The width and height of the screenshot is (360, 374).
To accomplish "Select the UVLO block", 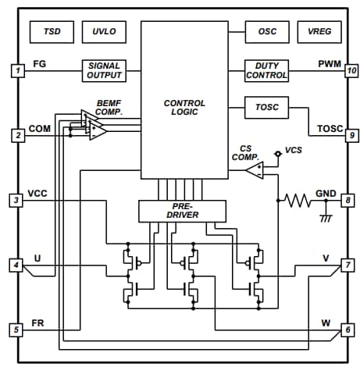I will pyautogui.click(x=103, y=32).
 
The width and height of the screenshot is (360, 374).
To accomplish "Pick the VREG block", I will pyautogui.click(x=318, y=32).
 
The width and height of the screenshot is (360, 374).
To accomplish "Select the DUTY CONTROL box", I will pyautogui.click(x=266, y=70).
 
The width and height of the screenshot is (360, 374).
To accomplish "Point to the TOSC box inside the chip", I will pyautogui.click(x=266, y=106).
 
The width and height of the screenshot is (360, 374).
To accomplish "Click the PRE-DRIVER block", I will pyautogui.click(x=181, y=210).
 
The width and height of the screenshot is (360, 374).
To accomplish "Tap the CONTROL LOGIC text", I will pyautogui.click(x=184, y=108).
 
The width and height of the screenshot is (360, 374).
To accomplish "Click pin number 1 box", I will pyautogui.click(x=17, y=71).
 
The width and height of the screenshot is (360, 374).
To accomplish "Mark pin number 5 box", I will pyautogui.click(x=17, y=329).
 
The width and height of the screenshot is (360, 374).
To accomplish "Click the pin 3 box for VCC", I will pyautogui.click(x=17, y=201).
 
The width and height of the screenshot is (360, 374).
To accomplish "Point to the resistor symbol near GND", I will pyautogui.click(x=298, y=201).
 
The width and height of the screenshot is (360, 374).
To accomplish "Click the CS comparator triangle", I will pyautogui.click(x=254, y=170).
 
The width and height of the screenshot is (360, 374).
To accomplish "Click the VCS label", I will pyautogui.click(x=294, y=149).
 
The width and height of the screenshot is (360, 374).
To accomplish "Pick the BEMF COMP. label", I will pyautogui.click(x=109, y=108).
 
